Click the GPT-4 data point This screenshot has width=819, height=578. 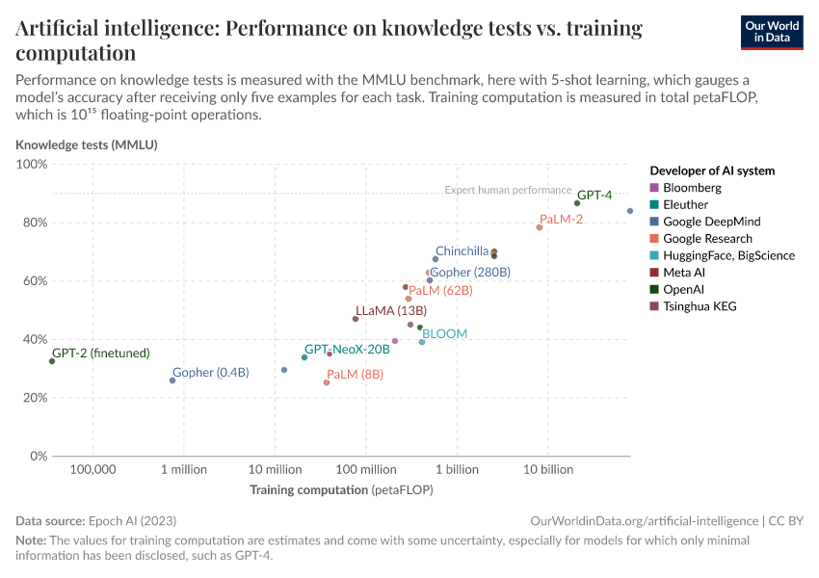tap(577, 203)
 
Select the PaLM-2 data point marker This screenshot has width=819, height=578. tap(540, 227)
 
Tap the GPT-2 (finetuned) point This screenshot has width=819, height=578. tap(52, 361)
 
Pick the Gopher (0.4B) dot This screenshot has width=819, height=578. tap(172, 381)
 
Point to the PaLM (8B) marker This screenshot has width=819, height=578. tap(327, 382)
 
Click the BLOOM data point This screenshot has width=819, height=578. tap(422, 342)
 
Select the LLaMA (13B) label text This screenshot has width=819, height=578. tap(391, 310)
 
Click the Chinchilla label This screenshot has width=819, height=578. tap(462, 251)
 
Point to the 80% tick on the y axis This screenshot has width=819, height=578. tap(33, 223)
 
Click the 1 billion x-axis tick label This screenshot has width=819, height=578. tap(457, 470)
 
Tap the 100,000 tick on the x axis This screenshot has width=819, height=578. tap(92, 470)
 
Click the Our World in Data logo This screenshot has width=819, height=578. tap(771, 32)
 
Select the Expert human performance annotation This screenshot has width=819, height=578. tap(508, 190)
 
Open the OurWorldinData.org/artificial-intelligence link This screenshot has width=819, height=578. tap(644, 520)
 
